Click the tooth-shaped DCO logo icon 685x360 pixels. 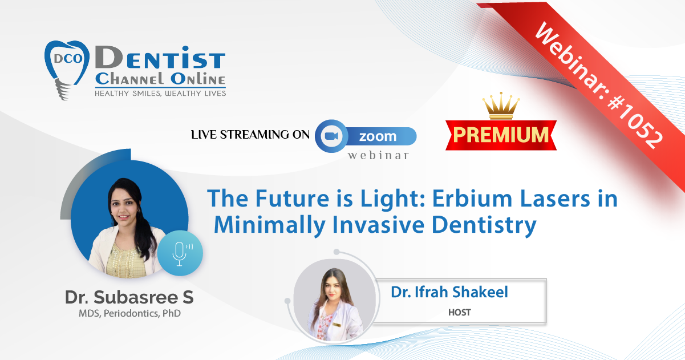(x=67, y=70)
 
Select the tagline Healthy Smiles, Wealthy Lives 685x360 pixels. (x=160, y=94)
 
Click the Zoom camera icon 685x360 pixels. (x=331, y=136)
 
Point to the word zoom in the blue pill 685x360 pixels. (x=378, y=136)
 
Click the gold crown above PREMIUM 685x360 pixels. (x=501, y=106)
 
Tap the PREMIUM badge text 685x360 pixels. (x=501, y=135)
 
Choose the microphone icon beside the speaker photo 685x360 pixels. (x=180, y=253)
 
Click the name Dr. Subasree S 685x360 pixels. (x=129, y=297)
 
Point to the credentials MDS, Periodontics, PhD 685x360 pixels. (x=129, y=314)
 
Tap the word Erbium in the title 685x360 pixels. (x=472, y=199)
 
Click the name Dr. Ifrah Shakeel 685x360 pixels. (x=449, y=292)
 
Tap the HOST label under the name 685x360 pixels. (x=459, y=312)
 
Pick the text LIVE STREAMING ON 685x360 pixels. (x=250, y=135)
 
